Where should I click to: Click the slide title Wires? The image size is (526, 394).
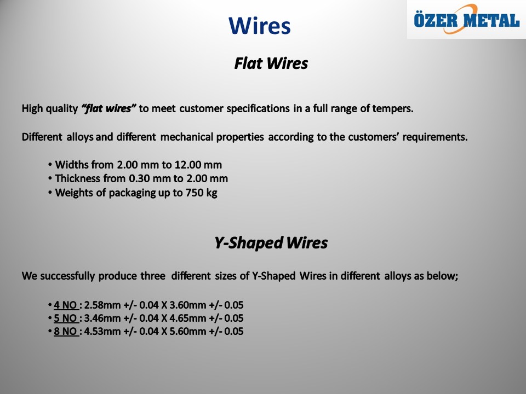(x=260, y=26)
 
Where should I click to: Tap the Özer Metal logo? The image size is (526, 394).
(x=467, y=20)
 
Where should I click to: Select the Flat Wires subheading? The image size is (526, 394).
(x=271, y=63)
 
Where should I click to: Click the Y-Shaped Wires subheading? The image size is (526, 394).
(x=271, y=242)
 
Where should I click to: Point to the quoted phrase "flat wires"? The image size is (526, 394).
(x=108, y=108)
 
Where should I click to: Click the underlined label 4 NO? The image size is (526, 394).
(x=66, y=305)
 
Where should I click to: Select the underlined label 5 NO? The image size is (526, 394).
(x=66, y=318)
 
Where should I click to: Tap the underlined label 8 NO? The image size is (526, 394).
(x=66, y=332)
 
